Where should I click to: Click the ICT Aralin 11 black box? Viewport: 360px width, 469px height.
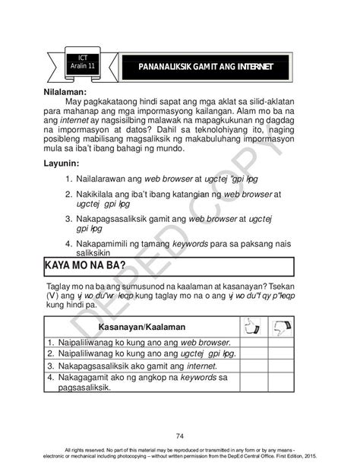[83, 62]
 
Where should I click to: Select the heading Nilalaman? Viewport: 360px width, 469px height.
[69, 90]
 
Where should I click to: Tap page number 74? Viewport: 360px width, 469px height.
[180, 436]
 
